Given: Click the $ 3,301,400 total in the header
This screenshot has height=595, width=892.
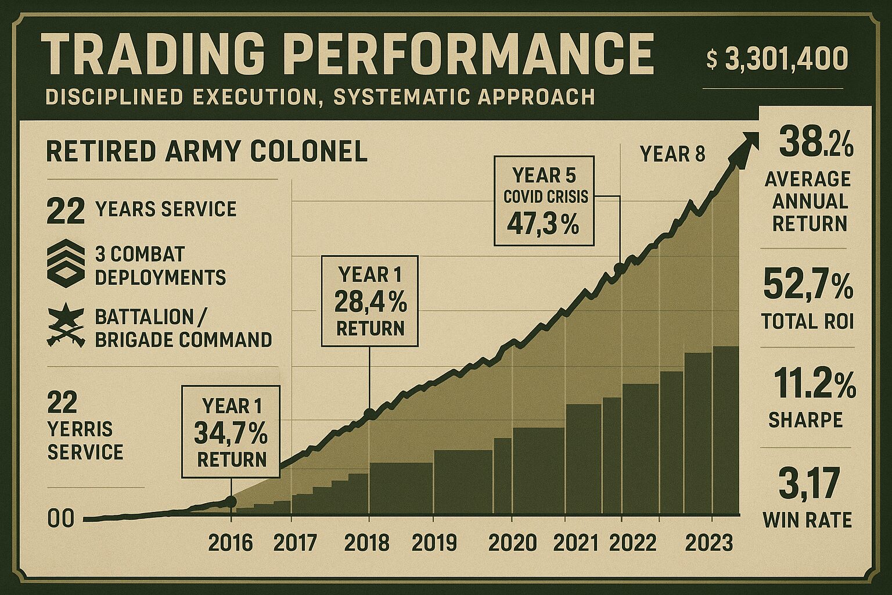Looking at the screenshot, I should [778, 59].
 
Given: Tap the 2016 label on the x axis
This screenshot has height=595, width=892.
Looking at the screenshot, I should [231, 543].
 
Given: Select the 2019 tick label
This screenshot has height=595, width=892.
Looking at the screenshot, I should [434, 543].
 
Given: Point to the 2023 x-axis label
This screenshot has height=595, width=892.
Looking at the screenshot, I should [709, 543].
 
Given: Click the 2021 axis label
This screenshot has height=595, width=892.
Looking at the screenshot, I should [576, 543].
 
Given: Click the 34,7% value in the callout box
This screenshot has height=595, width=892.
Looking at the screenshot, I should [231, 433].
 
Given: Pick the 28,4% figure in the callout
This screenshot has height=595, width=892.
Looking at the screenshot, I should [371, 302].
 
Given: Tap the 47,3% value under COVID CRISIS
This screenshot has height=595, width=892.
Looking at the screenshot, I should [543, 224].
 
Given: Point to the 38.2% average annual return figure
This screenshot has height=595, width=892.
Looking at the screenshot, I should [815, 142].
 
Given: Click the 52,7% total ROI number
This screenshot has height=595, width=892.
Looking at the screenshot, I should [808, 284].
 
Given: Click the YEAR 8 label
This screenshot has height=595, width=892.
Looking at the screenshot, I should [672, 155].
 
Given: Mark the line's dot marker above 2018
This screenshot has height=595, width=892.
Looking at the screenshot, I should [369, 414].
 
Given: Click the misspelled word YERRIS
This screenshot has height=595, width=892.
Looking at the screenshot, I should [80, 429].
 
